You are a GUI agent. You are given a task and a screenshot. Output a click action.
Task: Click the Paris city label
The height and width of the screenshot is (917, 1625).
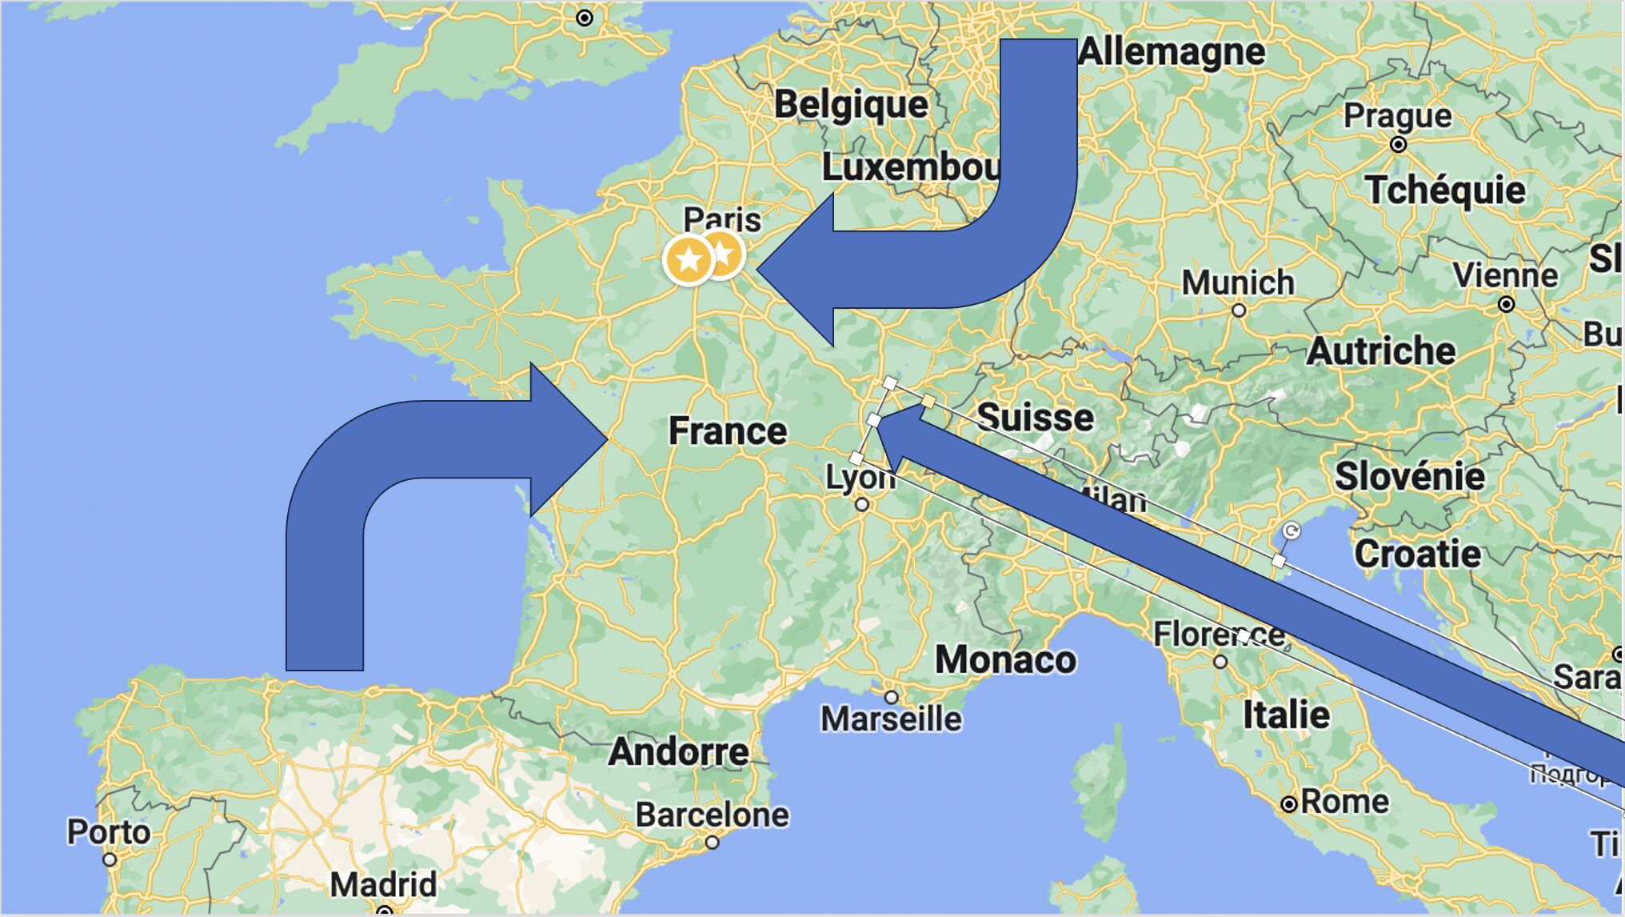722,218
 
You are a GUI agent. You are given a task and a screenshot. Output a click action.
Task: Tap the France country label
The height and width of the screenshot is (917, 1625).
728,431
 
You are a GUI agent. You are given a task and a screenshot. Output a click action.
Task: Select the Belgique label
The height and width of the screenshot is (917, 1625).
851,105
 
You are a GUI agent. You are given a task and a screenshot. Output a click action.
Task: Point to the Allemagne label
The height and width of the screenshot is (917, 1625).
1172,53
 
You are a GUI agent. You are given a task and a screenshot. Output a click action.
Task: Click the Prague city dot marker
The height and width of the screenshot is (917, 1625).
1398,145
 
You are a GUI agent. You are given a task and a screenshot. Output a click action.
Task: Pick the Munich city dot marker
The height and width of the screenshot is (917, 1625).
1239,310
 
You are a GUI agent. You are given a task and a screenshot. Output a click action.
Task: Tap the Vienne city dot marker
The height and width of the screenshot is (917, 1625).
1507,304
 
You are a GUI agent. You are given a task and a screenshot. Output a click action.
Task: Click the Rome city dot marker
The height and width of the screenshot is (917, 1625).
1288,804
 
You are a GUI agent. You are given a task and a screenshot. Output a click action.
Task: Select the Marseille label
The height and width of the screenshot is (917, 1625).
892,719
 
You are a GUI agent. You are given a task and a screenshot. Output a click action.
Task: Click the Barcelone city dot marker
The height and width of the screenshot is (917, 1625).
712,843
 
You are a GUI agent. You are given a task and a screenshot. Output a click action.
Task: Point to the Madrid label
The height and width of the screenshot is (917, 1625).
384,885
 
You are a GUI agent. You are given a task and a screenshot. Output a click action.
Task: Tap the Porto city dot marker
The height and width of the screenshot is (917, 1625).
110,860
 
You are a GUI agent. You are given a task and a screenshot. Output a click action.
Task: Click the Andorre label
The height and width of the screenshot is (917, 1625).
678,752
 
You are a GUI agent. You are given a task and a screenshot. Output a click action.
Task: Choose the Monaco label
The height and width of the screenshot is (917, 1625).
1005,660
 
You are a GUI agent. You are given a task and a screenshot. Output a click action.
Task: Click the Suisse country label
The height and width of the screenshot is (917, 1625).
1036,418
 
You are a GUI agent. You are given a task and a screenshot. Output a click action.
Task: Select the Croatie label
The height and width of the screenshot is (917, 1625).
1417,555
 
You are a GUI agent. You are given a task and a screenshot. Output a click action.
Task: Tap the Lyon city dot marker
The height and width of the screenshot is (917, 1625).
861,505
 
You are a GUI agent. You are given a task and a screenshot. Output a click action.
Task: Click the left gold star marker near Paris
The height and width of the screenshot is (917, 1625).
689,260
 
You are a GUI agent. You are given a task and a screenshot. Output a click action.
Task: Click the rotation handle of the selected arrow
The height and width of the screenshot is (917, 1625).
1291,531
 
